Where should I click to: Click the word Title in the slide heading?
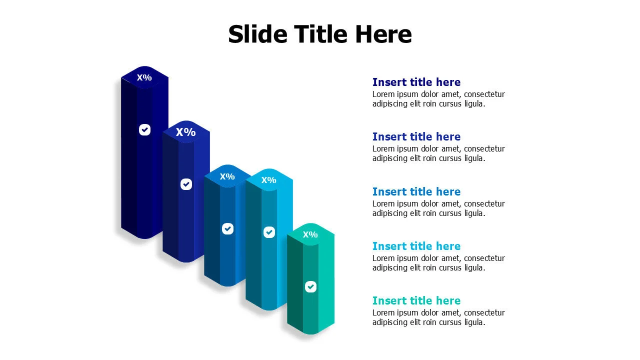(x=320, y=34)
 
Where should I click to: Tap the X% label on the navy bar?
(x=144, y=77)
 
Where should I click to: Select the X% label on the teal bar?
(x=310, y=234)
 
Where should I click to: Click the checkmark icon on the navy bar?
(x=144, y=130)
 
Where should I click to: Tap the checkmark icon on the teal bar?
(x=310, y=286)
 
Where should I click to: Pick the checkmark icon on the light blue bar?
(x=269, y=232)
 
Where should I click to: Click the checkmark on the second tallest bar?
(x=186, y=184)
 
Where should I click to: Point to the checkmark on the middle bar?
(x=227, y=228)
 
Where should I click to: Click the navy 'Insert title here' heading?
(x=416, y=82)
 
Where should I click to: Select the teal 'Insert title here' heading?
(x=416, y=300)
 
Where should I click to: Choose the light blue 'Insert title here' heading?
(x=416, y=246)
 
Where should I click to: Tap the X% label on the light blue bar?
(x=268, y=180)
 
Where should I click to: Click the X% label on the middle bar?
(x=227, y=176)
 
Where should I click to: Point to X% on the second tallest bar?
(x=185, y=132)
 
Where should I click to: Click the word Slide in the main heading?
(x=257, y=34)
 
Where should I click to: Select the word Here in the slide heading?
(x=383, y=34)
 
